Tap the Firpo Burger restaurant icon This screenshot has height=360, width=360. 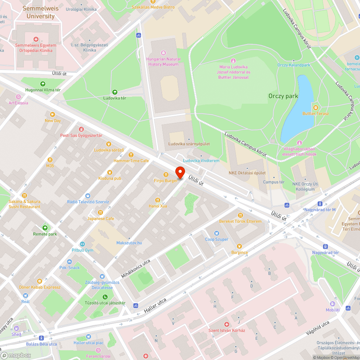click(x=166, y=174)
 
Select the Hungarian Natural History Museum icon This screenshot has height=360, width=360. click(x=163, y=53)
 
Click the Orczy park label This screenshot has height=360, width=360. click(x=283, y=96)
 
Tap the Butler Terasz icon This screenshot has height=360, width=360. click(x=316, y=107)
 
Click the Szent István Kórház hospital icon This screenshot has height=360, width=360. click(x=226, y=324)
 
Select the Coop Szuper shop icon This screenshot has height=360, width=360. click(x=217, y=233)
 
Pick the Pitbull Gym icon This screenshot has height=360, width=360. click(x=82, y=244)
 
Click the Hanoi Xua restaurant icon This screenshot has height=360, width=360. click(x=158, y=200)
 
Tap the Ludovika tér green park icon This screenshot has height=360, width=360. click(x=115, y=92)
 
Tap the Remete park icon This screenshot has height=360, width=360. click(x=45, y=228)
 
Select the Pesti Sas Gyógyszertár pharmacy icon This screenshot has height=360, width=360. click(x=81, y=129)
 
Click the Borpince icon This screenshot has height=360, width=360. click(x=239, y=246)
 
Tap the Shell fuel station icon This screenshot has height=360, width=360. click(x=16, y=328)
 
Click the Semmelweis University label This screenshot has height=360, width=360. click(x=39, y=12)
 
